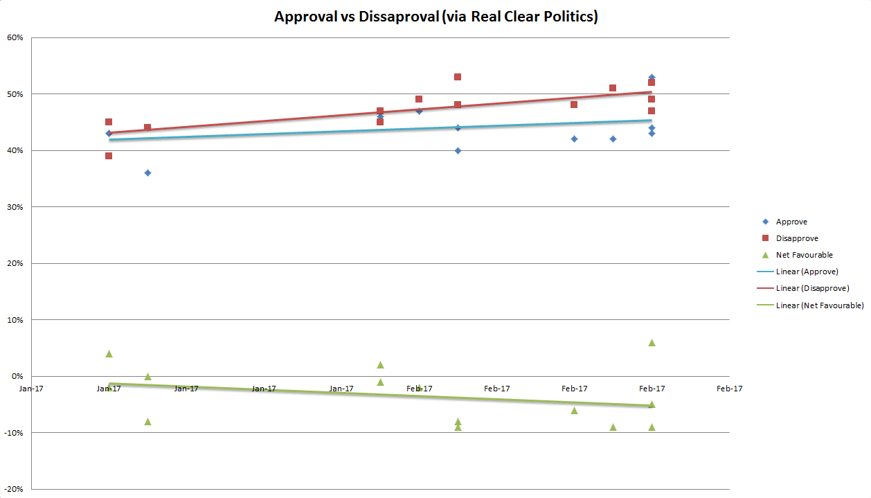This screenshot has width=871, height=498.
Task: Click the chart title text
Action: coord(435,17)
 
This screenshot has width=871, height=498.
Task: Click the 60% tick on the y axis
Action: coord(16,37)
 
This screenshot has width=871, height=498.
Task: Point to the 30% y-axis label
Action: coord(16,207)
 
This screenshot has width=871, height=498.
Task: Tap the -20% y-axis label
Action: coord(15,489)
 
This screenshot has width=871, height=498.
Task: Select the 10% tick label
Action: coord(16,320)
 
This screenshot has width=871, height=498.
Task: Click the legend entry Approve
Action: coord(791,222)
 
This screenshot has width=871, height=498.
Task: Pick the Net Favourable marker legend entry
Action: coord(804,255)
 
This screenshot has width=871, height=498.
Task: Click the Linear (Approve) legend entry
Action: coord(807,272)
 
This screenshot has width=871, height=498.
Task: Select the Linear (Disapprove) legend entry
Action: coord(812,288)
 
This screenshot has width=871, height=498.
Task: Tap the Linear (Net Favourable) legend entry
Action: coord(820,305)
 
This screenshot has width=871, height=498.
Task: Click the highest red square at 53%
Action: coord(458,77)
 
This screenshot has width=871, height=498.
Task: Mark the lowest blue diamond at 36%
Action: coord(147,173)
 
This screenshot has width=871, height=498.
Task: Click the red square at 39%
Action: coord(109,156)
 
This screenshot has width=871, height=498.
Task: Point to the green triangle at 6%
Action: coord(652,343)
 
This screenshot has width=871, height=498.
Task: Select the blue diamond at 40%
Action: coord(458,150)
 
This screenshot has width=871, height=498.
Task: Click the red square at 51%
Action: coord(613,88)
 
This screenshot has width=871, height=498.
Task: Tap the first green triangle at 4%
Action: coord(109,354)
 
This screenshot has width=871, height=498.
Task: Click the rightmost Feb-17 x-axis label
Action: coord(729,389)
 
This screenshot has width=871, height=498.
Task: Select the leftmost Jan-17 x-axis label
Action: coord(31,389)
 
